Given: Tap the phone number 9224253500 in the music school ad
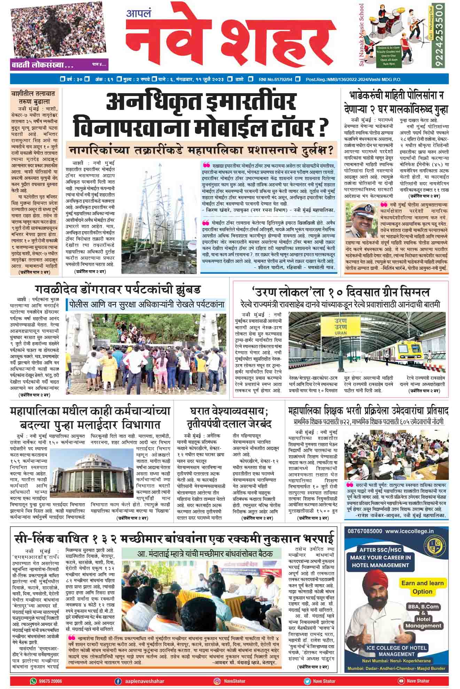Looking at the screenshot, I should [440, 36].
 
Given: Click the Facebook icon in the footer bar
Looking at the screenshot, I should [118, 681].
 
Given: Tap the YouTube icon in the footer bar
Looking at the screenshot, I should [401, 681].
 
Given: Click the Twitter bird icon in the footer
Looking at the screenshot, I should [307, 681].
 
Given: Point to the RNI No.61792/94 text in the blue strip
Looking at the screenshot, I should [275, 80].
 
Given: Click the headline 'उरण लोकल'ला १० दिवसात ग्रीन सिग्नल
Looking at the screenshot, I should [340, 292].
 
